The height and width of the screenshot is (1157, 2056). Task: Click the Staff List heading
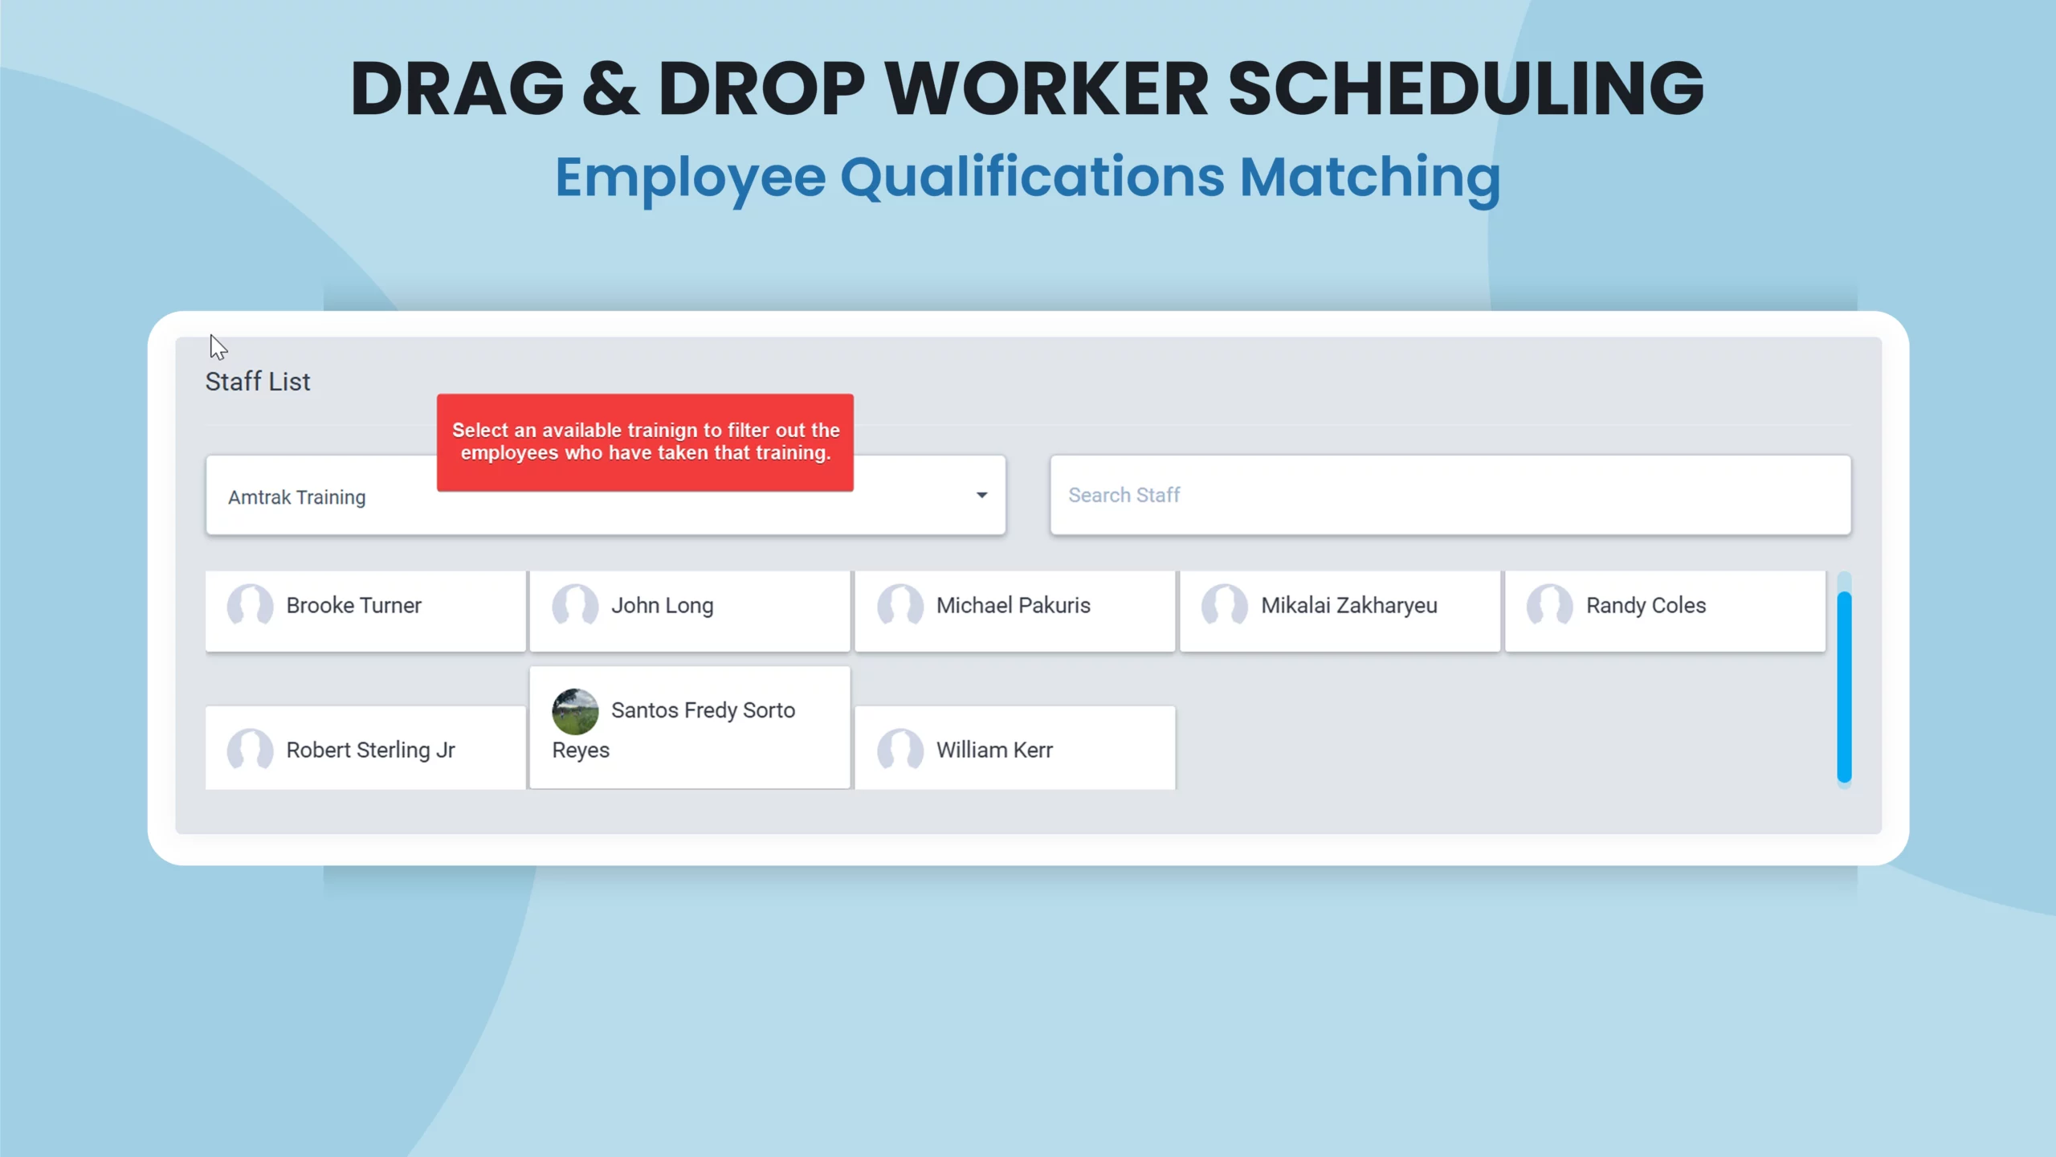258,382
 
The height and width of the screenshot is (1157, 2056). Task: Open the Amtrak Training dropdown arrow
981,495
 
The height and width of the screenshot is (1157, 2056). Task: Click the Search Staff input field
1450,495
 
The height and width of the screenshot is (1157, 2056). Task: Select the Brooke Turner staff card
365,611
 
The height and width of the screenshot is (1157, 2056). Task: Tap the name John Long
662,606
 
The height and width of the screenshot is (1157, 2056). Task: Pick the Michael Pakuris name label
1014,606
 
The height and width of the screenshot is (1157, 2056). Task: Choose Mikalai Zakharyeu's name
1349,606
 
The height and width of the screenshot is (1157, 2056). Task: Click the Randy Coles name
1646,606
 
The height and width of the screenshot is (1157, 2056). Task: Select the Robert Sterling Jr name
371,750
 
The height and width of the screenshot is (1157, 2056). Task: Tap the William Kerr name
994,750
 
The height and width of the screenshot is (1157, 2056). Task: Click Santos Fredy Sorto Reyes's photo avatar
575,711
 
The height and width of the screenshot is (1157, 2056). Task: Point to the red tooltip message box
645,443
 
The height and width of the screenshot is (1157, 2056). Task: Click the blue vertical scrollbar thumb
1844,687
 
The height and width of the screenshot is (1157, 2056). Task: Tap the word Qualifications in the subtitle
1032,178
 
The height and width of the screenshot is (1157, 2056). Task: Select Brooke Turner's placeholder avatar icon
250,606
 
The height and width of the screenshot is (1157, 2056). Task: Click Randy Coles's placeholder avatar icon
1549,606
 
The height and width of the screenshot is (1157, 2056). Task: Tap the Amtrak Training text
297,497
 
